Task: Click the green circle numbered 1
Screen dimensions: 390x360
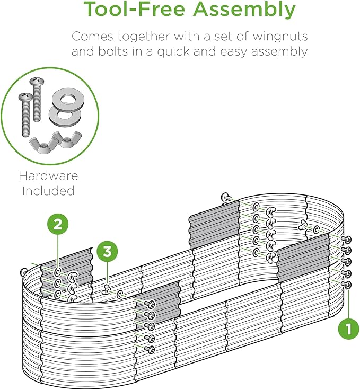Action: pyautogui.click(x=348, y=329)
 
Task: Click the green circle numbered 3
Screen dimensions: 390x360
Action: pyautogui.click(x=108, y=252)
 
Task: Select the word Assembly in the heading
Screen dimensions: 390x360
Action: pyautogui.click(x=251, y=10)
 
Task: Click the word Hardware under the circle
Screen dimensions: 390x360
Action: pyautogui.click(x=48, y=176)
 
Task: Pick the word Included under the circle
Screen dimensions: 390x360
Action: pyautogui.click(x=48, y=190)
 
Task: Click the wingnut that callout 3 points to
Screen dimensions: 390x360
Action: pyautogui.click(x=107, y=289)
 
